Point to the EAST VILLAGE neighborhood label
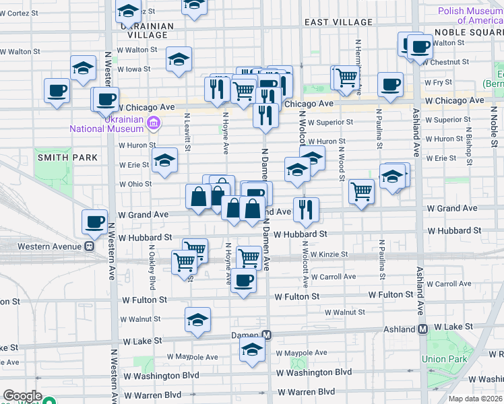tap(338, 22)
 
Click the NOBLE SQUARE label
tap(468, 32)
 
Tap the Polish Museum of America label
tap(470, 15)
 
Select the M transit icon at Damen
tap(267, 335)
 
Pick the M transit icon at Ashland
tap(423, 329)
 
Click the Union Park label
tap(444, 359)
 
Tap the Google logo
tap(22, 396)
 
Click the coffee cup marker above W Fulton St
tap(244, 280)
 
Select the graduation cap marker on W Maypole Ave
tap(252, 349)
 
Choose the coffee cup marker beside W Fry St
tap(390, 85)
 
